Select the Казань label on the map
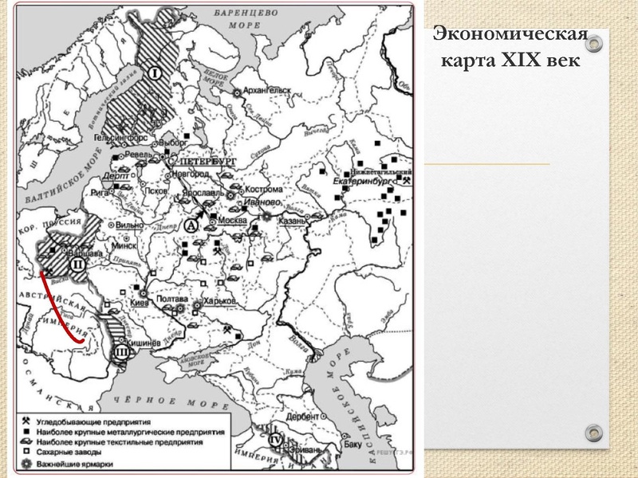pos(292,221)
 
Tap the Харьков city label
pos(219,301)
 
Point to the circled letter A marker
pos(191,225)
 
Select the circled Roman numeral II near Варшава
pos(78,264)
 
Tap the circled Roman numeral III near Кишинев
pos(121,351)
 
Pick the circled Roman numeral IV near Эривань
pos(276,439)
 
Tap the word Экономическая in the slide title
pos(510,36)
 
